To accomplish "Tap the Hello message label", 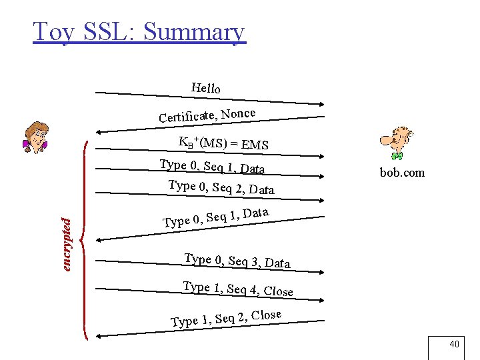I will coord(206,87).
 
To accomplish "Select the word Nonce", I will coord(239,113).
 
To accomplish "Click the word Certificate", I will coord(187,117).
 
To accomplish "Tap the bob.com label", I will coord(402,173).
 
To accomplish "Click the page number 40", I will coord(455,345).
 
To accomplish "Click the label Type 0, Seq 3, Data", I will coord(237,261).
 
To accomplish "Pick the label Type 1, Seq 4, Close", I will coord(238,289).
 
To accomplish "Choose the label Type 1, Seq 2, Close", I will coord(226,318).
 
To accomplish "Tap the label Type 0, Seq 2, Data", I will coord(221,187).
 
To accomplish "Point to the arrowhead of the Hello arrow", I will coord(321,103).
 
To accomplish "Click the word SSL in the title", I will coord(106,31).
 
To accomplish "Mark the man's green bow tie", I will coord(398,155).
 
